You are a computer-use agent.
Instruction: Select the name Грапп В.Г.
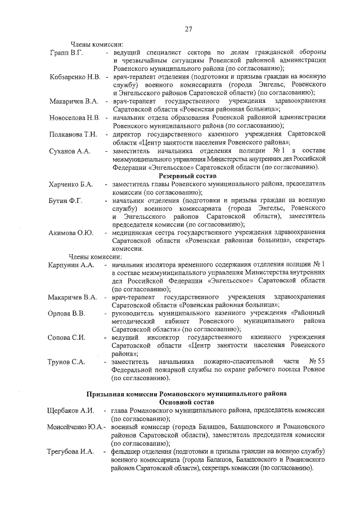coord(66,53)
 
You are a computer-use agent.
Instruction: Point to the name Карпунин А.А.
coord(70,265)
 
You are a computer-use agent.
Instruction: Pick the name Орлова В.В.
coord(66,313)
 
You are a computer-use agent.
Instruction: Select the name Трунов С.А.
coord(66,362)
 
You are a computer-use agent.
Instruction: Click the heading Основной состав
coord(187,403)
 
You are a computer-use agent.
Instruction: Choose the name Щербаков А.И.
coord(70,411)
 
